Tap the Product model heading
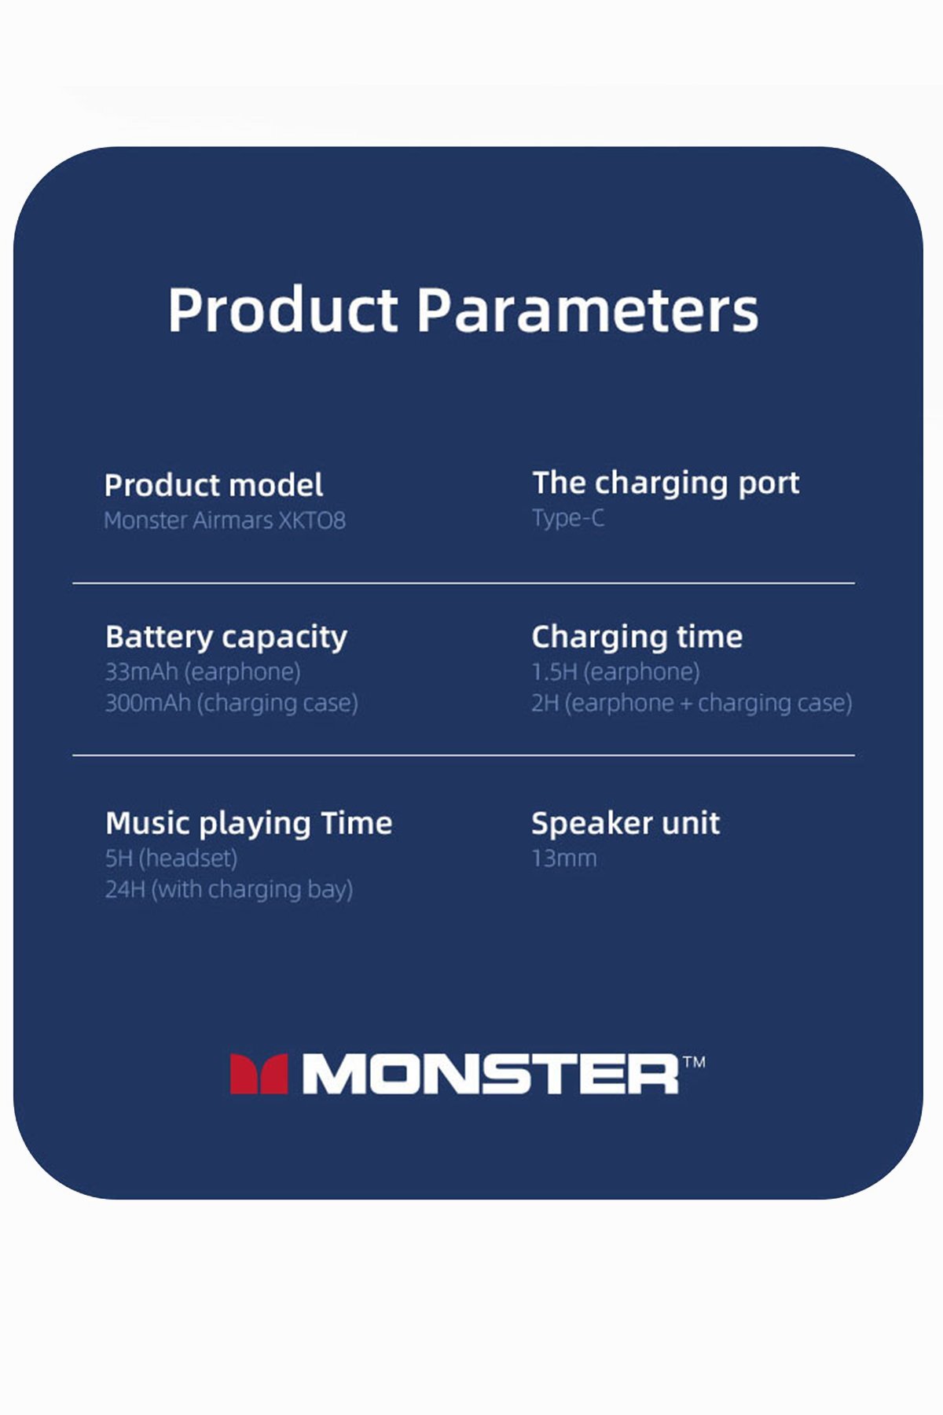tap(213, 486)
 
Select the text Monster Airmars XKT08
tap(225, 520)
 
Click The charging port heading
tap(665, 483)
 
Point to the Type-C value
tap(568, 518)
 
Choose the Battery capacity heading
tap(226, 637)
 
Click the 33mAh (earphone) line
tap(203, 672)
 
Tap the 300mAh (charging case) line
tap(231, 703)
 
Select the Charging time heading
tap(637, 637)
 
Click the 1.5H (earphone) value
tap(615, 672)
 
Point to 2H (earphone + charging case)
tap(692, 703)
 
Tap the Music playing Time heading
tap(248, 824)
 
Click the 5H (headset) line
tap(171, 858)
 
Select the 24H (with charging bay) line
tap(229, 890)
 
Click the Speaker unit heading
tap(626, 824)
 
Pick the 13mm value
tap(563, 858)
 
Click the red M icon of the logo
tap(259, 1074)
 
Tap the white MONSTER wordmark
tap(490, 1074)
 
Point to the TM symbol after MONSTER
tap(694, 1062)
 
